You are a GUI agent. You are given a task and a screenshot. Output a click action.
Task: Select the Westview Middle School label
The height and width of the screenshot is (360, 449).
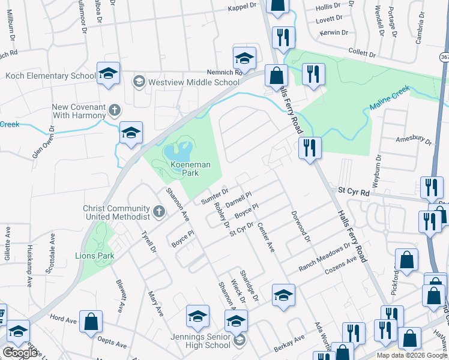click(x=193, y=82)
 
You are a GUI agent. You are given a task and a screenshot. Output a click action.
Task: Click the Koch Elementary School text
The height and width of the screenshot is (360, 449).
click(x=50, y=76)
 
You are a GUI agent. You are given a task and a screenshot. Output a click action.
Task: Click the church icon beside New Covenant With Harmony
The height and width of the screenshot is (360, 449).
click(x=114, y=110)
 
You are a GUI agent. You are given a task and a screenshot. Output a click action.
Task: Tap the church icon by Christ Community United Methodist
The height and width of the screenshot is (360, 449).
click(x=159, y=211)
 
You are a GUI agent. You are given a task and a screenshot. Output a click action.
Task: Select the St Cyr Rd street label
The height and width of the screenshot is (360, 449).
click(x=353, y=190)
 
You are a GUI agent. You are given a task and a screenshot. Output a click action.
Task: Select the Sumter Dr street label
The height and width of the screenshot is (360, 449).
click(x=215, y=196)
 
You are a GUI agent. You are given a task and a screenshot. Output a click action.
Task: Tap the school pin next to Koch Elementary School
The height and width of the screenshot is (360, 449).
click(x=108, y=74)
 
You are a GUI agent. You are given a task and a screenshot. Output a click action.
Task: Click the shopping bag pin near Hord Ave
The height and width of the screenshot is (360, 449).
click(x=91, y=322)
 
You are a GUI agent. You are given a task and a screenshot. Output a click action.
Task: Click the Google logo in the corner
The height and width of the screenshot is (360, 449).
click(x=20, y=353)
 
